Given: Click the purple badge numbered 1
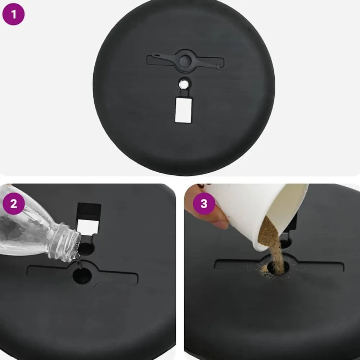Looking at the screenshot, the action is [x=13, y=14].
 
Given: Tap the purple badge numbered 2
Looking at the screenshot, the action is [x=14, y=203].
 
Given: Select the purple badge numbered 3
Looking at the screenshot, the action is [x=204, y=203].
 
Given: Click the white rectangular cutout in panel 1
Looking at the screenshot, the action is [x=183, y=110].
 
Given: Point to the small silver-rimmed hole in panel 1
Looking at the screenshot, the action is [x=183, y=84].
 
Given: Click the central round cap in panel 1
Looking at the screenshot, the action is [x=185, y=60].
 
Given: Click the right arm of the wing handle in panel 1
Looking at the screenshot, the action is [x=207, y=64].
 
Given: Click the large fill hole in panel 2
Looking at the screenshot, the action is [x=82, y=275].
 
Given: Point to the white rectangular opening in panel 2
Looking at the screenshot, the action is [x=88, y=227].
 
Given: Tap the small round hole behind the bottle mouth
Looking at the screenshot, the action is [x=86, y=249].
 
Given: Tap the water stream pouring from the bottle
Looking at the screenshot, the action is [x=79, y=261].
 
